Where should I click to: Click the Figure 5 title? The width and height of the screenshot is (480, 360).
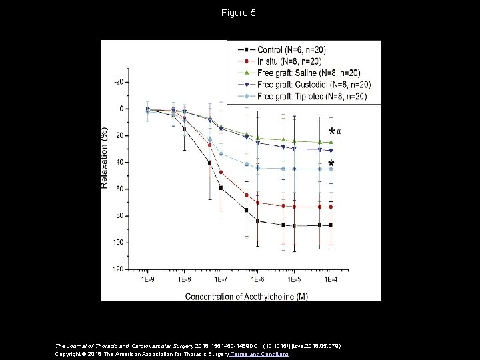(239, 13)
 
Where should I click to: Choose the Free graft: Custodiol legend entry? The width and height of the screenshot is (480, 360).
(313, 85)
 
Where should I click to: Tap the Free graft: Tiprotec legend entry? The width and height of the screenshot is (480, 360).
(311, 96)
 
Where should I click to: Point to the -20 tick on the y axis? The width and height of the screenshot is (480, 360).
(118, 81)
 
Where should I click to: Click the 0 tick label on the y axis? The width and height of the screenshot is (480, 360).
(121, 109)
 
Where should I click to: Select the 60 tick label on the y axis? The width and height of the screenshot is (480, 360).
(119, 189)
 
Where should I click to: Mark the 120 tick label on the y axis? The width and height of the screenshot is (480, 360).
(117, 269)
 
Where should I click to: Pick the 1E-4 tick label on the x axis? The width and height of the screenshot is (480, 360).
(330, 280)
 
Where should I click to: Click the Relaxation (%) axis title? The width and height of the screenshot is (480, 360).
(105, 157)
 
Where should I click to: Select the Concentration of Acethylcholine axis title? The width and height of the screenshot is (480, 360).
(246, 295)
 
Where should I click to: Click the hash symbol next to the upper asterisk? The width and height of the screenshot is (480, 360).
(339, 132)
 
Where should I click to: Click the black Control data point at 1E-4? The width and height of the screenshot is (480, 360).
(330, 225)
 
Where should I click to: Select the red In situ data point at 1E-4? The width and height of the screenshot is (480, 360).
(330, 207)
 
